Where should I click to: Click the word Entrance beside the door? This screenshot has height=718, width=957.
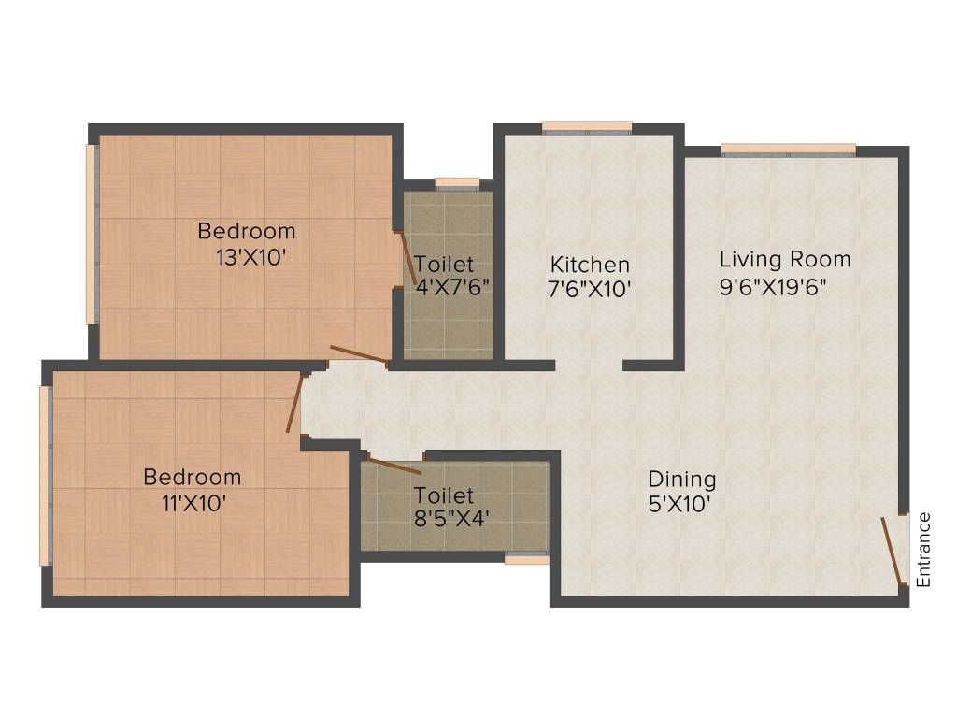(x=924, y=550)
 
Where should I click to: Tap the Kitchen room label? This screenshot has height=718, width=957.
(x=589, y=265)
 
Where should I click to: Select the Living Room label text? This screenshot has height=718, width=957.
(x=784, y=259)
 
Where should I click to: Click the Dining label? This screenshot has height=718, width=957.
(x=682, y=480)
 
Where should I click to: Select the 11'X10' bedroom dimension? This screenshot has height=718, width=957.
(x=192, y=502)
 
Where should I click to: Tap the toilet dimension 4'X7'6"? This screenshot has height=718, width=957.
(x=452, y=287)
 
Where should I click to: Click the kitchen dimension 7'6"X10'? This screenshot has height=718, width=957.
(x=590, y=290)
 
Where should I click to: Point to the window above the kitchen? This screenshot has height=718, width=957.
(x=587, y=127)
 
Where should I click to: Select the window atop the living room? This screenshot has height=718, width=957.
(x=788, y=149)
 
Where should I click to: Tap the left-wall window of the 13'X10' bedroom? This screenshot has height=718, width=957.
(x=92, y=234)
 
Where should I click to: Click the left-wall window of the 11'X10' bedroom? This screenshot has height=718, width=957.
(x=44, y=477)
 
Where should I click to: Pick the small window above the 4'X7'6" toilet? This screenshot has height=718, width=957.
(x=457, y=183)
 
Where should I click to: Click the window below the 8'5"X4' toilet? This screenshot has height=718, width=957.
(x=526, y=559)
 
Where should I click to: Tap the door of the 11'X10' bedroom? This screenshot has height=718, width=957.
(x=295, y=403)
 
